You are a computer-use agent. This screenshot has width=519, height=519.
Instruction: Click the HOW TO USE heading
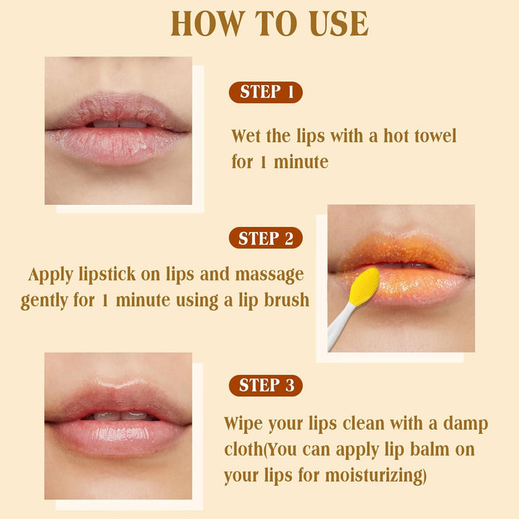(270, 23)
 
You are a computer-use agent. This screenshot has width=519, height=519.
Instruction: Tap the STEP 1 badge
(265, 92)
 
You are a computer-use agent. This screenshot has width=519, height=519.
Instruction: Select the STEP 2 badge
(265, 239)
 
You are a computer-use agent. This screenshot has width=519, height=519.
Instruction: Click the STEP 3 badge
(265, 386)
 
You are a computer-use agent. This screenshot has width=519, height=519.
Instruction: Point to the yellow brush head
(365, 286)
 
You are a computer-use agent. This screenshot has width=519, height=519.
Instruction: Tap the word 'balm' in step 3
(427, 450)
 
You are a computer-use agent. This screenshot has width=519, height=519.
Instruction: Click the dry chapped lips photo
(118, 130)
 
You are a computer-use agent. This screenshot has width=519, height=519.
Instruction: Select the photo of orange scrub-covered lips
(401, 278)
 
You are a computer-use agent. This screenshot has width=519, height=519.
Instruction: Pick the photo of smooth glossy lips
(118, 425)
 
